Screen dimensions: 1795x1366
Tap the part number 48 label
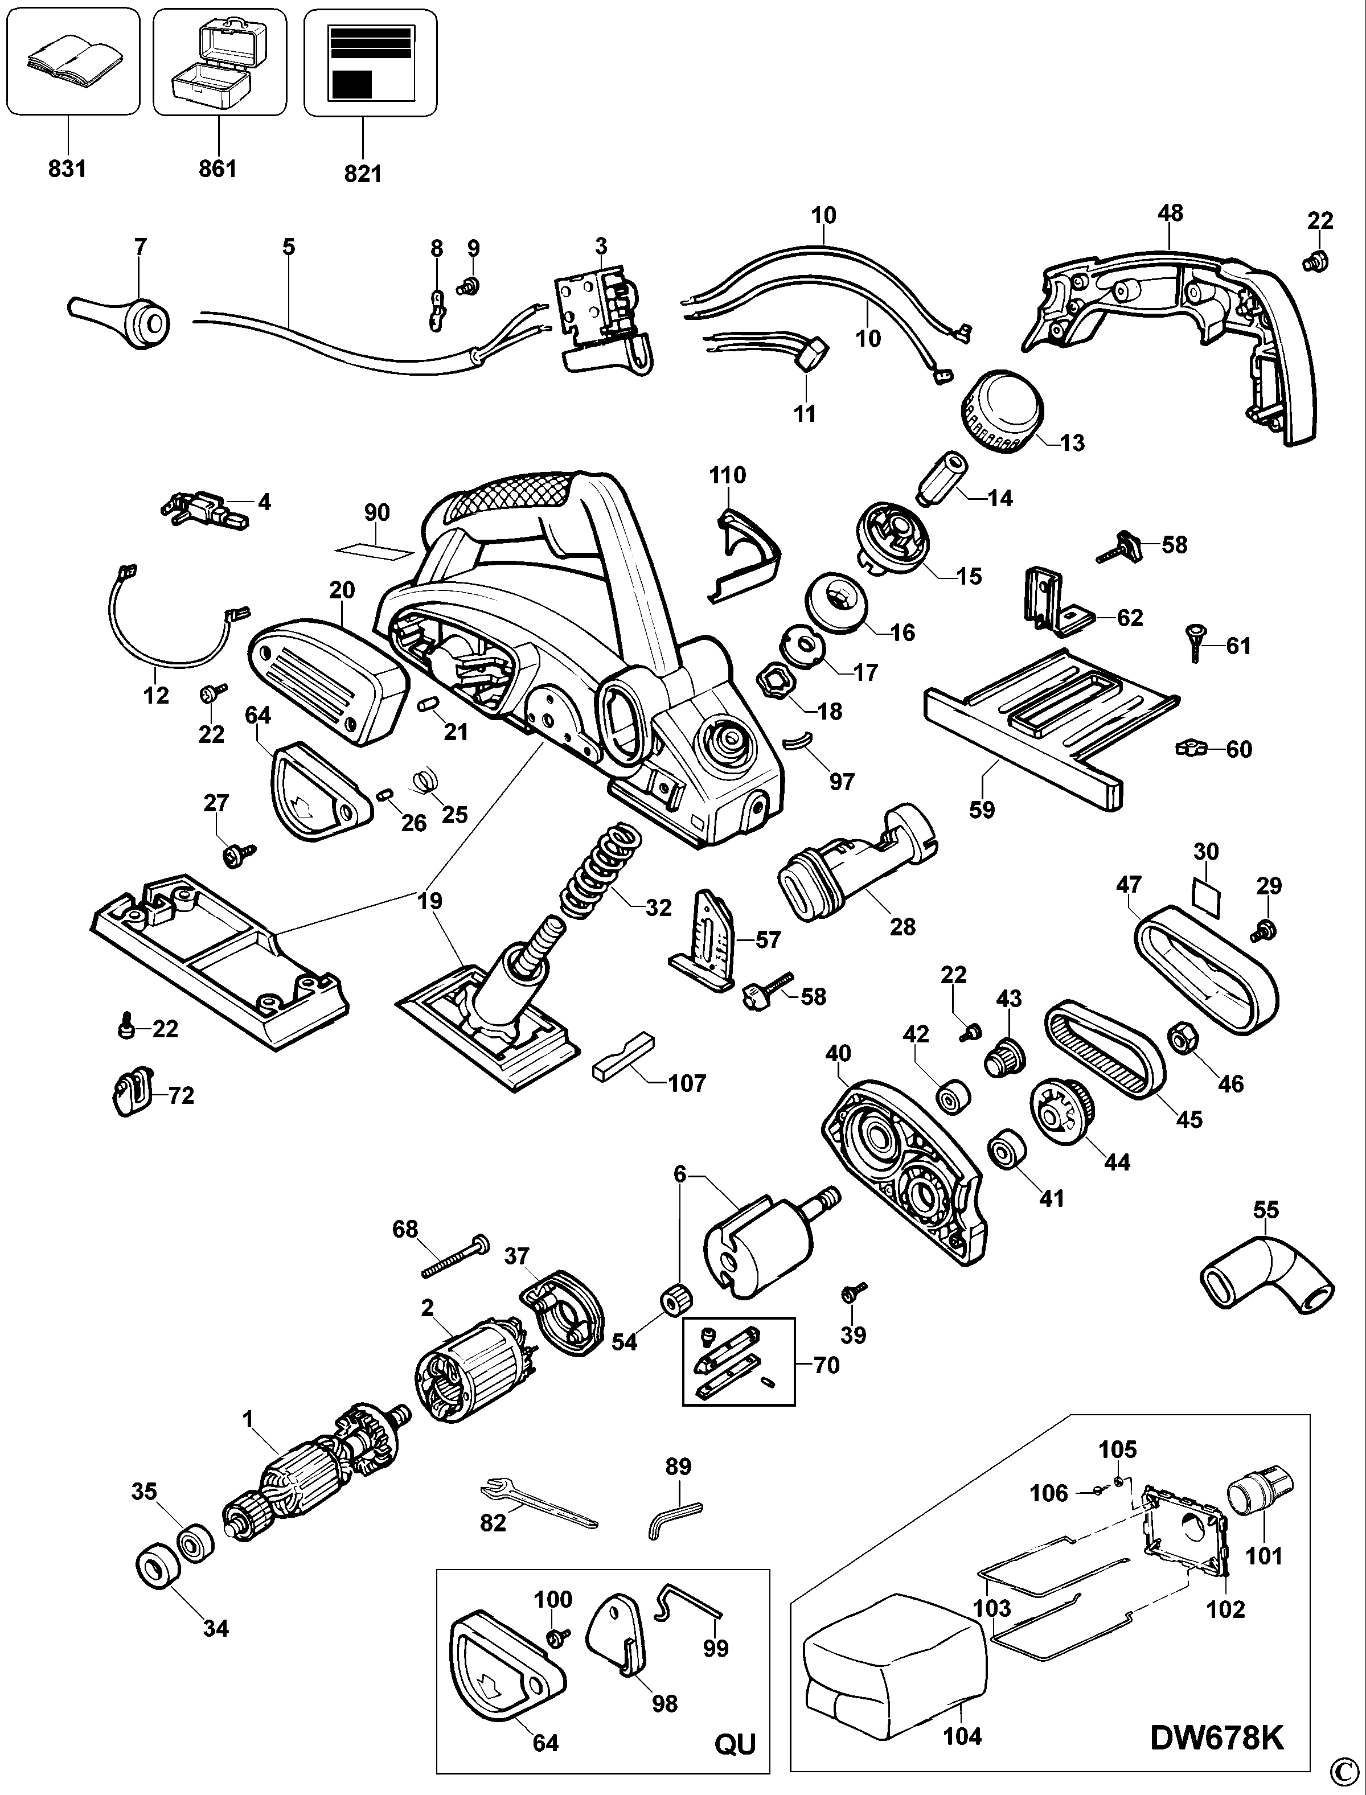click(x=1170, y=213)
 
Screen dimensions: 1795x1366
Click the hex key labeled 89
click(x=674, y=1514)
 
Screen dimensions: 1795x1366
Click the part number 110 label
click(x=727, y=475)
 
